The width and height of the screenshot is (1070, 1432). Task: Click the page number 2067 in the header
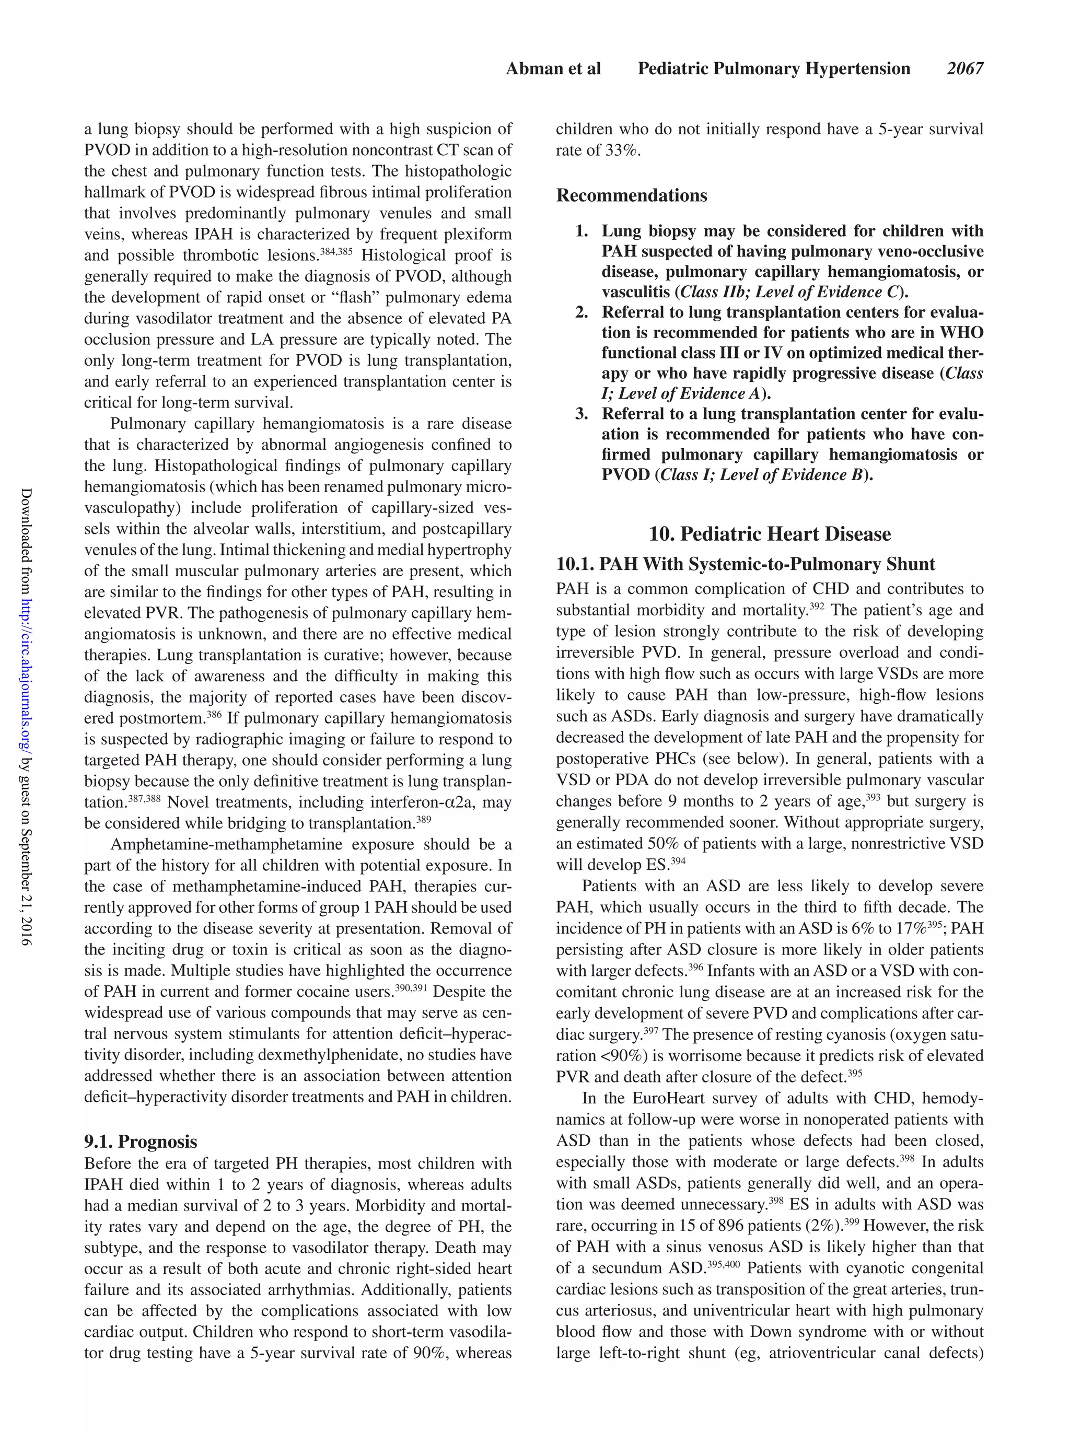964,68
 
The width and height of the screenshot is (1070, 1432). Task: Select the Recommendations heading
631,195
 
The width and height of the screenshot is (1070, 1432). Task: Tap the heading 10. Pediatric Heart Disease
770,534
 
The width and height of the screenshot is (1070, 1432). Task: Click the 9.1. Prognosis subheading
141,1142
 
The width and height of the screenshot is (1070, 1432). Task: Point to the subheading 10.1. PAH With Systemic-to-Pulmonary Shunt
745,564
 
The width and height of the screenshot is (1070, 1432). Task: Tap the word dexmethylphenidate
326,1055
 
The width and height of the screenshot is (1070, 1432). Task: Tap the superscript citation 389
423,819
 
